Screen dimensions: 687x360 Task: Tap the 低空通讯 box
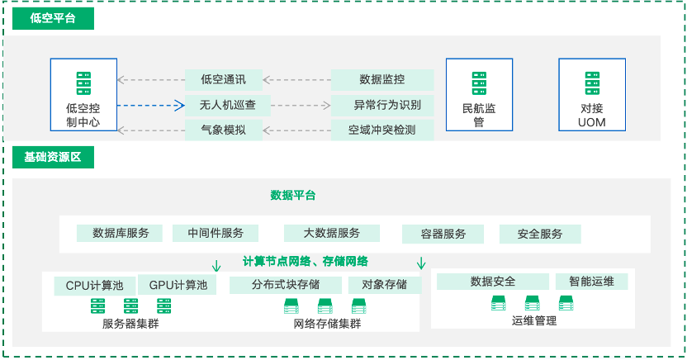pos(223,80)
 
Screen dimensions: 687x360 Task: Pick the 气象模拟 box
pos(223,130)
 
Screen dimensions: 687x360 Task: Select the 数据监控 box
pos(382,80)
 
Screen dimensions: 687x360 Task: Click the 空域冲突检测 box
pos(381,130)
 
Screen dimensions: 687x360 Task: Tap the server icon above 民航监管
pos(478,83)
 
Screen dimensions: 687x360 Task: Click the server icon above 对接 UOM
pos(591,83)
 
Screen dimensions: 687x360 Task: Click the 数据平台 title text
pos(293,196)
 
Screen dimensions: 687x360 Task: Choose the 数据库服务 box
pos(121,233)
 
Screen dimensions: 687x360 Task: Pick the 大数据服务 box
pos(331,233)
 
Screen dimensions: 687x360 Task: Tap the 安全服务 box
pos(539,234)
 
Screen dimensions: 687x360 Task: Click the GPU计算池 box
pos(177,285)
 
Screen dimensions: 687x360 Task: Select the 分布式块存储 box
pos(286,285)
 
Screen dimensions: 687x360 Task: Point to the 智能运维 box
pos(590,282)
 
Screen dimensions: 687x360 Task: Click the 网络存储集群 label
pos(328,324)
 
